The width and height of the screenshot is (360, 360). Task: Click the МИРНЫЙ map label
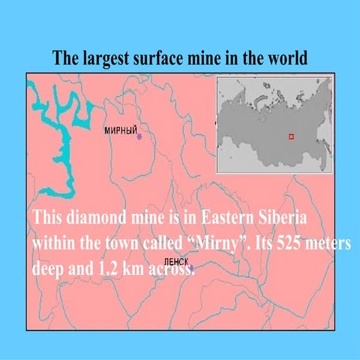(120, 130)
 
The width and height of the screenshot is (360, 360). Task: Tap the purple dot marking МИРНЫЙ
(139, 137)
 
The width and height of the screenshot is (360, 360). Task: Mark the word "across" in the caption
(168, 271)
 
